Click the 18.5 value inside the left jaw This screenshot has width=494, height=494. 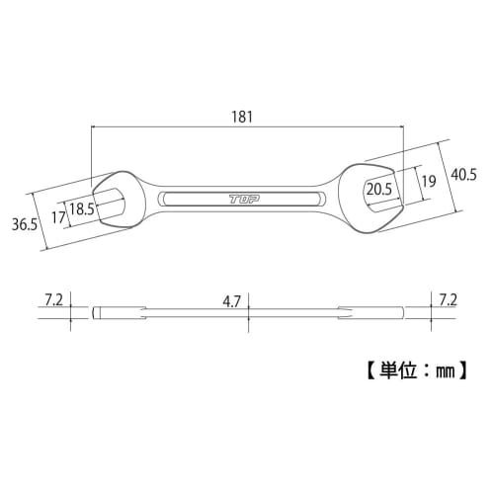[83, 208]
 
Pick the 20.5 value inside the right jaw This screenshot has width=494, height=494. [378, 188]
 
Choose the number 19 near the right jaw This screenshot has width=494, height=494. [428, 182]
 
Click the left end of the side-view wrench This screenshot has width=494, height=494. [97, 314]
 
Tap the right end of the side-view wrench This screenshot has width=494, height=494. [399, 314]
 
